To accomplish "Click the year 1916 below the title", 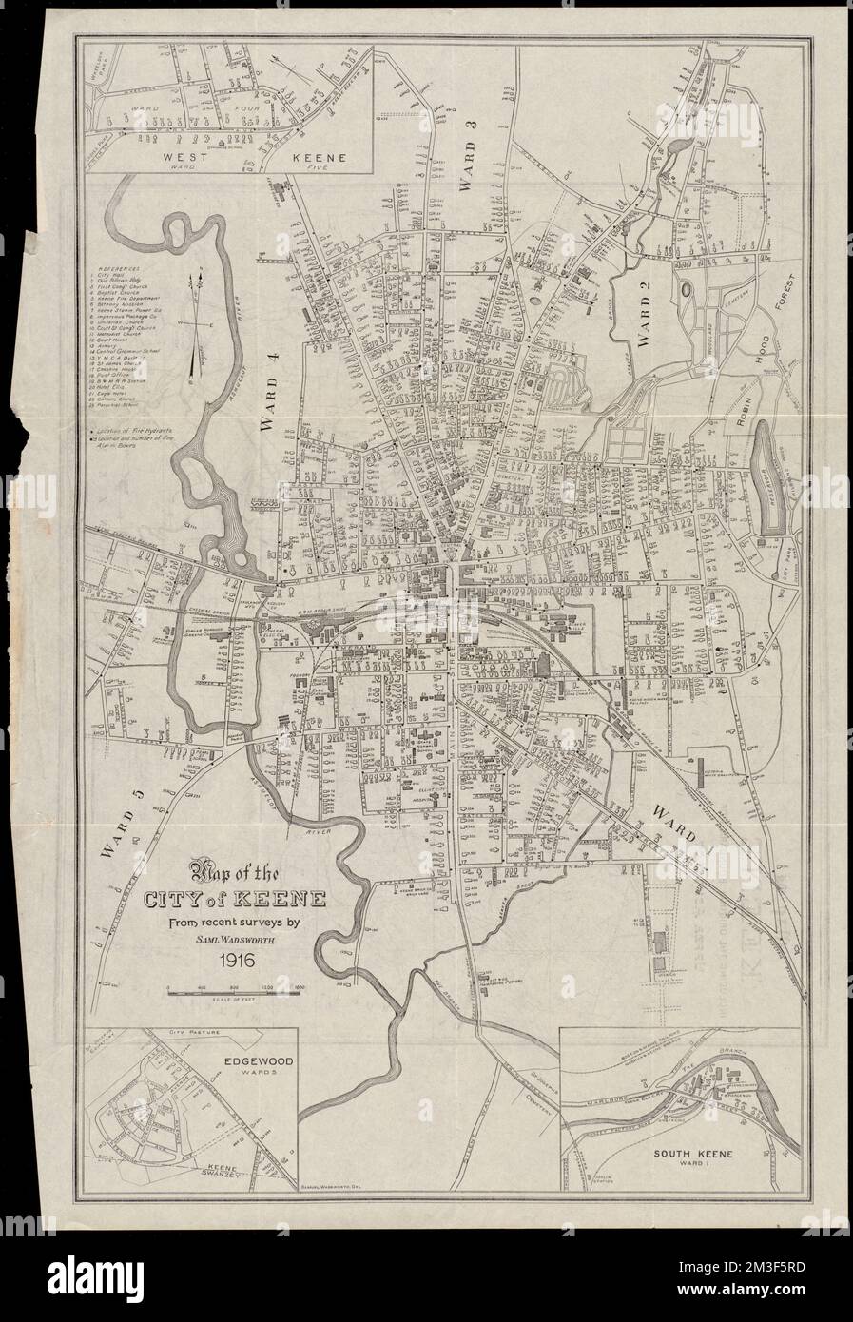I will click(x=232, y=961).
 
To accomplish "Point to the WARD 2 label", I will click(x=650, y=323).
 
